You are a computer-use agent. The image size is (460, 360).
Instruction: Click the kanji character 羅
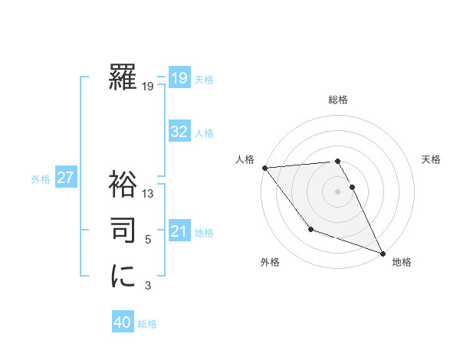[x=123, y=77]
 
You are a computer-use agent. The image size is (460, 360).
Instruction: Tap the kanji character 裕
[x=123, y=185]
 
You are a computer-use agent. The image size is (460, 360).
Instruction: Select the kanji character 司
[x=123, y=229]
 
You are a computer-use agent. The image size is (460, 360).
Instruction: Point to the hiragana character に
[x=123, y=275]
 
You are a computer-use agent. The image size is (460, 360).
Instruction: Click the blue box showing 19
[x=179, y=78]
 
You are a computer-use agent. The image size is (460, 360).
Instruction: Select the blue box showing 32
[x=179, y=132]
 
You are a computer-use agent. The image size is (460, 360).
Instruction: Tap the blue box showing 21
[x=179, y=231]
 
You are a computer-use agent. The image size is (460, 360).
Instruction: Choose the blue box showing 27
[x=65, y=178]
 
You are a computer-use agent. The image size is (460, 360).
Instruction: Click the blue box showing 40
[x=123, y=323]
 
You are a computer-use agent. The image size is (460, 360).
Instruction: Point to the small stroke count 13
[x=148, y=195]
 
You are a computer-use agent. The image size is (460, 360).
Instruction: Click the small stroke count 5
[x=148, y=240]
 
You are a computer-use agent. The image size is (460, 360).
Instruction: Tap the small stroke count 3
[x=148, y=286]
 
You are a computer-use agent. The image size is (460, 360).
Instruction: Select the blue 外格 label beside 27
[x=41, y=179]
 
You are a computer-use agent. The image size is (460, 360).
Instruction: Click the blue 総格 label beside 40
[x=147, y=324]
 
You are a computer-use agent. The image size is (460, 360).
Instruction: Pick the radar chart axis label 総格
[x=337, y=100]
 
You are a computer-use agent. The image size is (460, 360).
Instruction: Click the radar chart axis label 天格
[x=431, y=159]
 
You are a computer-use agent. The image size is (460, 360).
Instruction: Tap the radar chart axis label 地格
[x=402, y=262]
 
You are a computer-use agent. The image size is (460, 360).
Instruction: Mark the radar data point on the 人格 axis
[x=264, y=168]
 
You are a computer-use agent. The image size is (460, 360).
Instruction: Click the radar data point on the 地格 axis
[x=383, y=253]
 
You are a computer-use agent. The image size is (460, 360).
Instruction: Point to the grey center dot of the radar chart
[x=337, y=191]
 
